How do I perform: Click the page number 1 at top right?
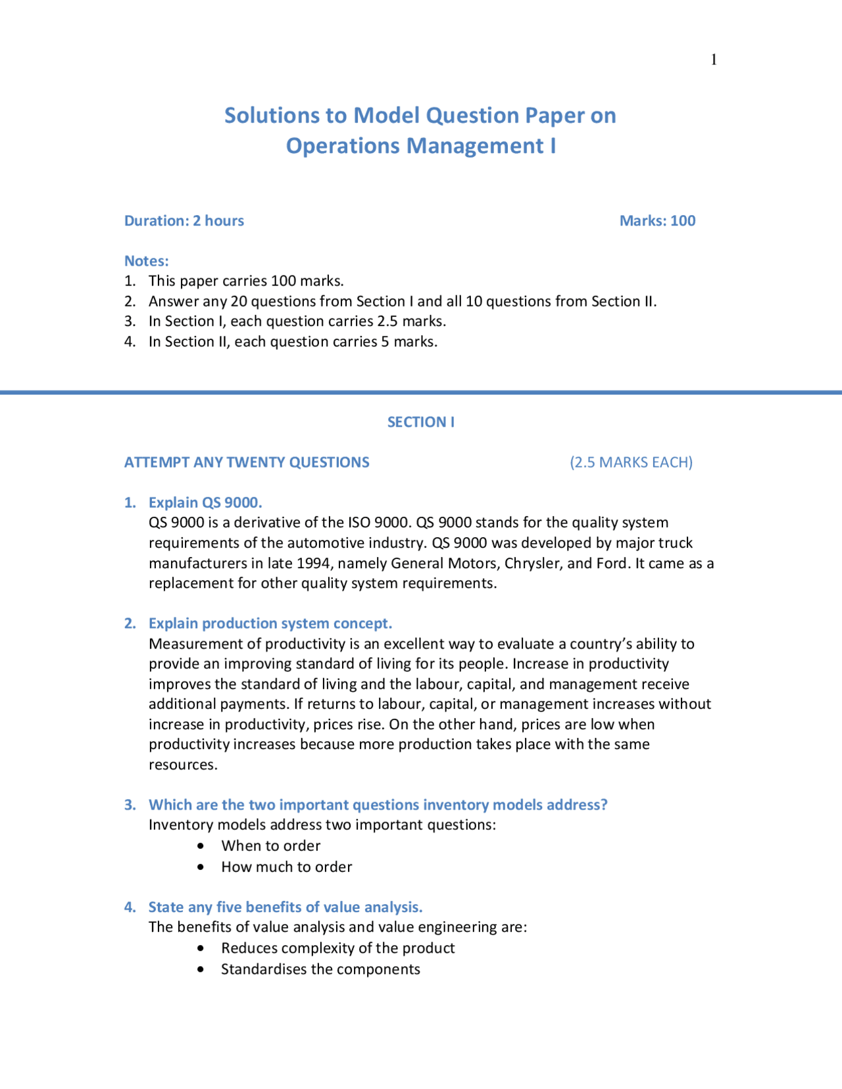click(x=714, y=60)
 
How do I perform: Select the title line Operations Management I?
click(x=420, y=145)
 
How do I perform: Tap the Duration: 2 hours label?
click(x=184, y=221)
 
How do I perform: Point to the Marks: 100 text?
click(x=657, y=221)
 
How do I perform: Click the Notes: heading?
click(x=147, y=261)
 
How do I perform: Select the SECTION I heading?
click(x=420, y=422)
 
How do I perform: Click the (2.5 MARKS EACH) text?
click(x=631, y=462)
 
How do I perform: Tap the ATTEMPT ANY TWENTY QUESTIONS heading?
click(x=247, y=462)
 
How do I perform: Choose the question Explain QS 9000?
click(x=205, y=502)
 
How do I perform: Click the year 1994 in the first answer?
click(x=314, y=564)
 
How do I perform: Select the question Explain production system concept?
click(x=270, y=623)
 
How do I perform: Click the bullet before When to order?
click(x=201, y=846)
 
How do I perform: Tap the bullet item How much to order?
click(x=286, y=867)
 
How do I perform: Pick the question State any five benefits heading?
click(x=285, y=907)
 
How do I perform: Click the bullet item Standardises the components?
click(x=320, y=969)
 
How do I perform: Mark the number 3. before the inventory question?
click(x=130, y=805)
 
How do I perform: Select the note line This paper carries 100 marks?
click(x=246, y=281)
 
